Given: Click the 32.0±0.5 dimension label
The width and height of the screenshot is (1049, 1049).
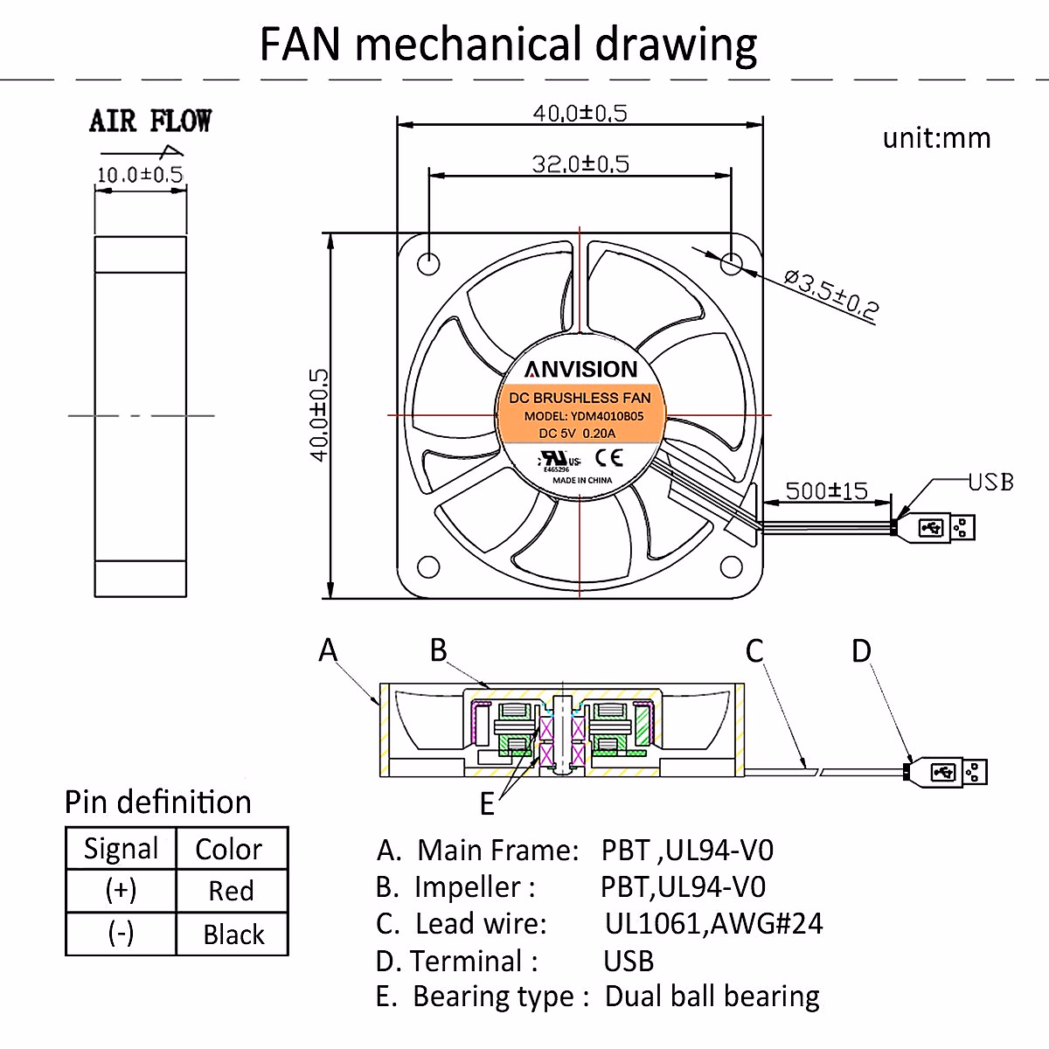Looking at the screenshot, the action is pos(580,163).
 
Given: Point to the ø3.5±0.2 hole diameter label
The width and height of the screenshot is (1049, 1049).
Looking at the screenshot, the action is pos(831,294).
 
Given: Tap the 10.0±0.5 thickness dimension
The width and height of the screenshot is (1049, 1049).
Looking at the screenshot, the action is pos(140,175).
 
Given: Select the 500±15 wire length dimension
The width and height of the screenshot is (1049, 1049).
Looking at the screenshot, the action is pos(826,491).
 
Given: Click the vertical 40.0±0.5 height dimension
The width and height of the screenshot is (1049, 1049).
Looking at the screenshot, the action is pos(320,415).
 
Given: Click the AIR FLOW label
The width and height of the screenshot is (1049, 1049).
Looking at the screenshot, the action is pos(150,121).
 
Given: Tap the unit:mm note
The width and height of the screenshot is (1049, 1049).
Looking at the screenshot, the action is pos(936,138).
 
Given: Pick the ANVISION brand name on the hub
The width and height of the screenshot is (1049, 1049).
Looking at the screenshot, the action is pos(580,370).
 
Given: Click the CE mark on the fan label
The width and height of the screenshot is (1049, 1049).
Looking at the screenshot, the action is pos(608,458).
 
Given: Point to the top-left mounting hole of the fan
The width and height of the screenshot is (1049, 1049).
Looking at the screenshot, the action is pos(428,264).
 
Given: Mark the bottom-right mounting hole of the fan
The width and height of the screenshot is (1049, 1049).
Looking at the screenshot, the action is pos(731,566).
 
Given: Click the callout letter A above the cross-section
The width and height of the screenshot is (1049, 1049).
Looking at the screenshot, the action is pos(328,650).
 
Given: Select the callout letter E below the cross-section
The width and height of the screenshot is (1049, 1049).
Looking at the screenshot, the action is pos(487,804).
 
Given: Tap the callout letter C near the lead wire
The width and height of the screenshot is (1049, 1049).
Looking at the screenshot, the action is pos(754,650).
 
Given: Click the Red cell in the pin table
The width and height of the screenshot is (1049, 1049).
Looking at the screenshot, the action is pos(232,891).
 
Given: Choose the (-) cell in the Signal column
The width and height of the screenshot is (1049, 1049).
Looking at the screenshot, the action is pos(121,934).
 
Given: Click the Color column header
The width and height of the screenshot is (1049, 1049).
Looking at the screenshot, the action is pos(229,849).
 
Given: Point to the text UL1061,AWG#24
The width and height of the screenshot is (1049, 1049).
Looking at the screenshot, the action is pos(713,923).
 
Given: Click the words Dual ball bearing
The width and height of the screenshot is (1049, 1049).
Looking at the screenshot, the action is pos(712,997).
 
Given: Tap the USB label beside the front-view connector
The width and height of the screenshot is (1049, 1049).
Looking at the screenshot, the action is pos(990,482).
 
